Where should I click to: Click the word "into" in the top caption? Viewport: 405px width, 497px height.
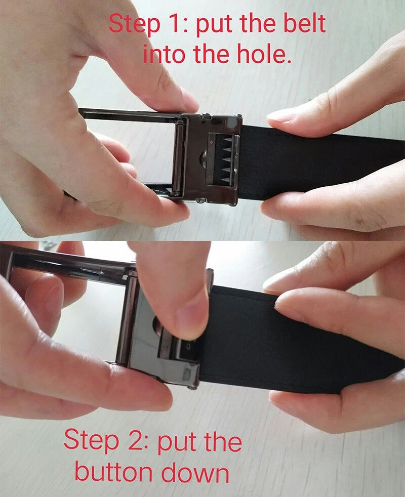click(x=164, y=54)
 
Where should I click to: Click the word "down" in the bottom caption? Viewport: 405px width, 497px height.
click(x=195, y=472)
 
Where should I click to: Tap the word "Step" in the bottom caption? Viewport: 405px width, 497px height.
click(x=91, y=441)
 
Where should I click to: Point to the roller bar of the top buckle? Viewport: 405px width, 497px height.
click(x=178, y=158)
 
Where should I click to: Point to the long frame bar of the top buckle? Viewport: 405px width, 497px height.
click(x=130, y=114)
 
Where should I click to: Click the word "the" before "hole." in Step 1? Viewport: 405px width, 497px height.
click(x=211, y=53)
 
